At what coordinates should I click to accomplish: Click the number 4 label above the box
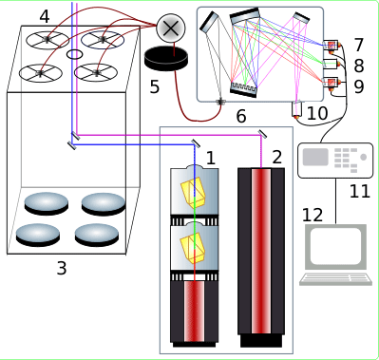(45, 16)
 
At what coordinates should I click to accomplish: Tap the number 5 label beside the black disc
(154, 86)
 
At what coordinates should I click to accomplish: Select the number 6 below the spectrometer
(241, 116)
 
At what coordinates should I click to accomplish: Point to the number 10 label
(317, 113)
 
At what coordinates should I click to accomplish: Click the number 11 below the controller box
(360, 191)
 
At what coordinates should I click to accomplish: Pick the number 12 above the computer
(313, 215)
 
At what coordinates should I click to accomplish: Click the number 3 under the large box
(62, 268)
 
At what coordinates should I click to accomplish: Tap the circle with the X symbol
(171, 28)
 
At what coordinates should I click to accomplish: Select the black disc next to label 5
(166, 58)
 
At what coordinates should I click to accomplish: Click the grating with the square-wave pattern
(243, 88)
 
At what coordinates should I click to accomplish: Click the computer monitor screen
(335, 246)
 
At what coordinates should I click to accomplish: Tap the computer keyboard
(336, 279)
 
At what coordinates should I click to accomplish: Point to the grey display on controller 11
(315, 157)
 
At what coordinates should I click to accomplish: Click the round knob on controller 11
(364, 157)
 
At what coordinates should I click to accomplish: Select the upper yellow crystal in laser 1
(193, 192)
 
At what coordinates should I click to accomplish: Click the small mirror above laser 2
(262, 134)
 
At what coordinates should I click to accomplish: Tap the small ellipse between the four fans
(75, 54)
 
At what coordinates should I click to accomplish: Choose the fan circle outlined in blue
(103, 39)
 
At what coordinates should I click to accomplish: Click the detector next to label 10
(296, 110)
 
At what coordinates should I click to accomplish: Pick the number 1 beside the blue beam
(211, 158)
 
